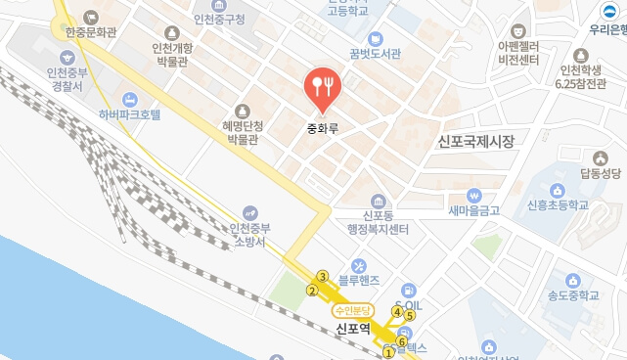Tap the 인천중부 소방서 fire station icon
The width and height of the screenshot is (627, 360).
pos(251,213)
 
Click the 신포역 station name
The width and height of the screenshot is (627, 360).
pos(352,329)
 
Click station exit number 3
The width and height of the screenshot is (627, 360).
pos(322,277)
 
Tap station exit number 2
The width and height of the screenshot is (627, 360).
pos(312,290)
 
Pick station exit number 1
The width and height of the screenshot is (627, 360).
pos(389,352)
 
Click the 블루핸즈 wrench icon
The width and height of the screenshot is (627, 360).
pos(358,265)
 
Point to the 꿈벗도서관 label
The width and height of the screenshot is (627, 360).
pos(375,54)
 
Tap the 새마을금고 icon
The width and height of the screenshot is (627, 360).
pos(473,195)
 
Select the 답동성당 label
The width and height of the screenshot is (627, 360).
pos(600,173)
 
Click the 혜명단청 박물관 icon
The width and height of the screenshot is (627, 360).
pos(243,111)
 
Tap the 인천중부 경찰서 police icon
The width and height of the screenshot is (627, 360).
pos(66,55)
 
